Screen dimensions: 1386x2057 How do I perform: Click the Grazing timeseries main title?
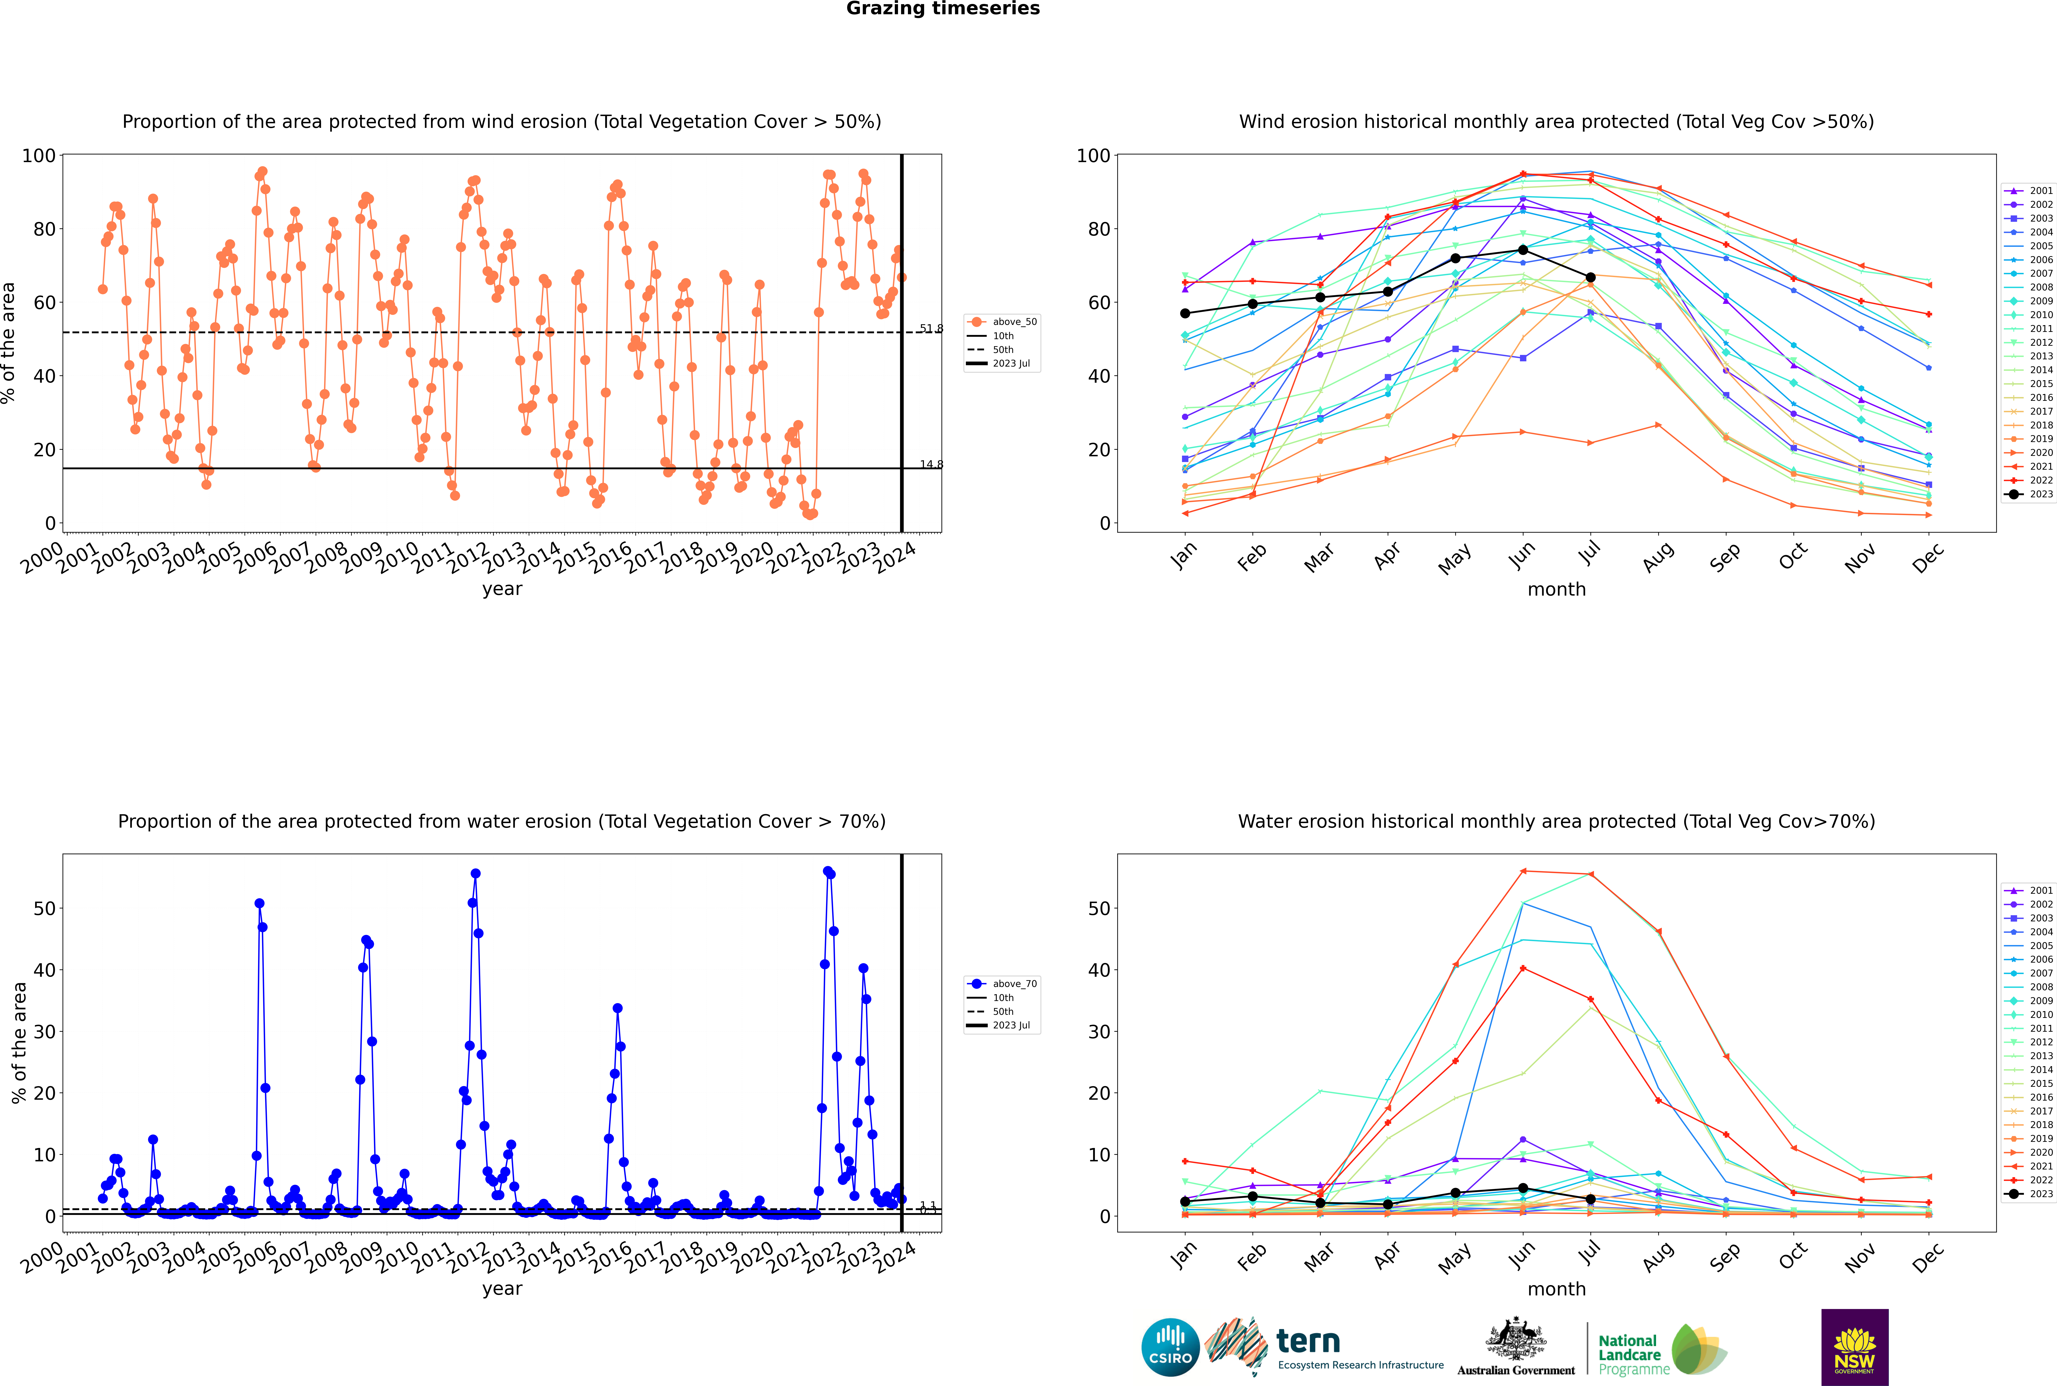[x=943, y=9]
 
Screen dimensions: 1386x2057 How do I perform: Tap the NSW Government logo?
[x=1854, y=1347]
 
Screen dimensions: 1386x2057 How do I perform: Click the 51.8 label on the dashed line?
[x=930, y=329]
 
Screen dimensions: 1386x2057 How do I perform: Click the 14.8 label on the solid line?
[x=930, y=465]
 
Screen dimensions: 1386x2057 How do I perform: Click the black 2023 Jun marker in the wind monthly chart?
[x=1523, y=250]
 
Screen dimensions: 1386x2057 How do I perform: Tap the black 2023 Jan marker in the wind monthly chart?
[x=1185, y=314]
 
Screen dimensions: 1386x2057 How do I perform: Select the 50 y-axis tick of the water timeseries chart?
[x=44, y=909]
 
